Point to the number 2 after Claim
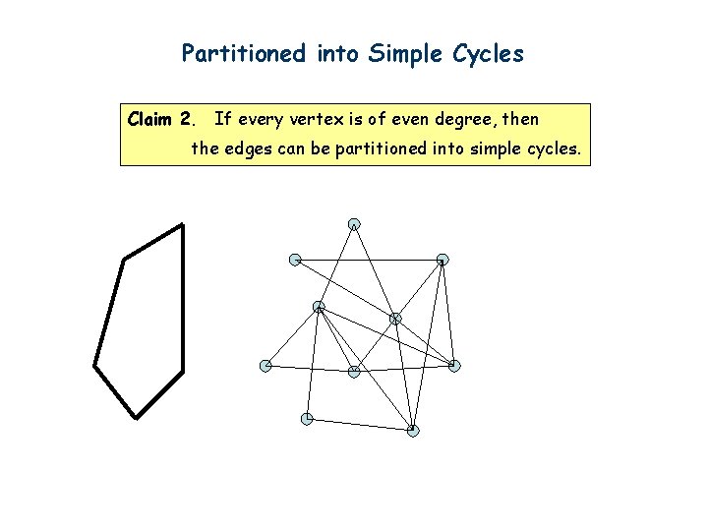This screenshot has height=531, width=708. point(187,120)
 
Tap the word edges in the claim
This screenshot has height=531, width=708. point(250,150)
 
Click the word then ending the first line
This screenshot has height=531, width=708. point(520,120)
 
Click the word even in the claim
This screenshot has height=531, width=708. point(403,120)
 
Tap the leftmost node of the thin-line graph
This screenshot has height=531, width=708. point(265,366)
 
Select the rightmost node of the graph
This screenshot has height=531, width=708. point(454,366)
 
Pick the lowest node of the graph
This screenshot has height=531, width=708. point(413,431)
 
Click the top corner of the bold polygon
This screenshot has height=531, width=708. point(183,225)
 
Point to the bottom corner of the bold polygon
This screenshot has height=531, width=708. point(135,418)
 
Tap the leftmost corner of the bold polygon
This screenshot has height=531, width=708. point(94,366)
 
